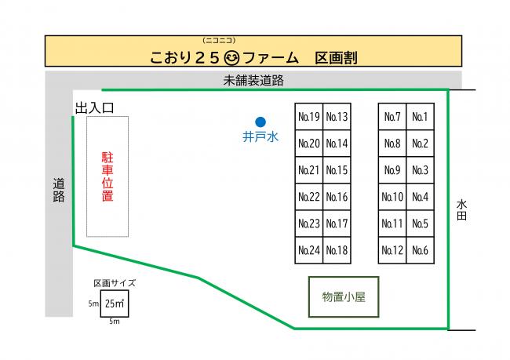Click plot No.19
[309, 117]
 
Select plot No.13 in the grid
[337, 117]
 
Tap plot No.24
[309, 250]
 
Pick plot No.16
[337, 197]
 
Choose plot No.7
[392, 117]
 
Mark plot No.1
[420, 117]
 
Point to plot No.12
[392, 250]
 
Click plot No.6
[420, 250]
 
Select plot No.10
[392, 197]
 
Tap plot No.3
[420, 170]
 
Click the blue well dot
[260, 122]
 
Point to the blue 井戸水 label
[260, 136]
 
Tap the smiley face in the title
[231, 57]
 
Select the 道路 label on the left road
[58, 191]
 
